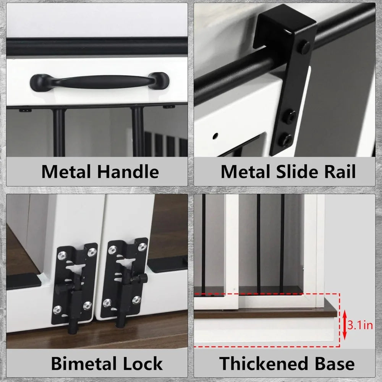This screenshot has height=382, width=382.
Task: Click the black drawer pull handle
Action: (99, 82)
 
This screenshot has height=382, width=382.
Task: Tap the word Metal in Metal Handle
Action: (66, 172)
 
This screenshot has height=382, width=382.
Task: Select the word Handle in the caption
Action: (128, 172)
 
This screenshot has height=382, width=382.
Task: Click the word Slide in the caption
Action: (297, 172)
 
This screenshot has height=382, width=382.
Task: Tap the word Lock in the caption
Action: (142, 364)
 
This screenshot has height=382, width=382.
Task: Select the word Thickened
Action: (264, 364)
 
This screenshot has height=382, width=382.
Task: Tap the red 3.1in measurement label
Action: (360, 325)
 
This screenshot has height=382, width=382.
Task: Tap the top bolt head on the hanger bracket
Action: (305, 47)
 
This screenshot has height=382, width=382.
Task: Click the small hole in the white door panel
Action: (215, 136)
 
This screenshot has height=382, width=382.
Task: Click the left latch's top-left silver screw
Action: (63, 255)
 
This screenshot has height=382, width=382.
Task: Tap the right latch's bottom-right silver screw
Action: (136, 300)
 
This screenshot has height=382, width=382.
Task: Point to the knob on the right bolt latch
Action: (142, 278)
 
